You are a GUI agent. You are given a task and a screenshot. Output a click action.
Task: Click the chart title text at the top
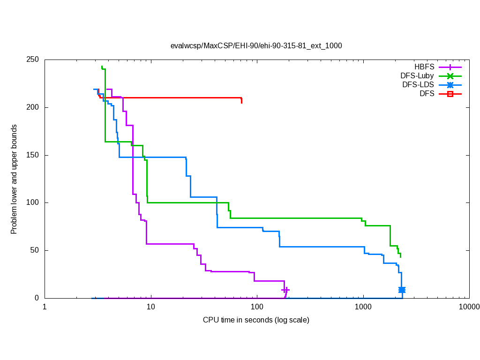256,46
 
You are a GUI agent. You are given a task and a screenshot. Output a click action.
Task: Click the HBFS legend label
424,67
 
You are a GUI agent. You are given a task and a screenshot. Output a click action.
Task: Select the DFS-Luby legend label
417,76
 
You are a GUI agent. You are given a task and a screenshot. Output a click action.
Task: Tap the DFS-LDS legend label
418,85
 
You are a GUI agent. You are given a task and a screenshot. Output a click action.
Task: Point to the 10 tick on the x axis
151,307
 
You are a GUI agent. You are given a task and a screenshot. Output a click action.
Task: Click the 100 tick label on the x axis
257,307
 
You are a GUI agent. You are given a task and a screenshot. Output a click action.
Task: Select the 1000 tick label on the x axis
363,307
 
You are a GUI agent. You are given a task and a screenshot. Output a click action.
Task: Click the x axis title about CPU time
256,320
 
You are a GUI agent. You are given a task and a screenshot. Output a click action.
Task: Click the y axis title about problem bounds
14,179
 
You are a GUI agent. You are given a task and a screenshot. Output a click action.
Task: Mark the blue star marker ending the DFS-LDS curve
402,290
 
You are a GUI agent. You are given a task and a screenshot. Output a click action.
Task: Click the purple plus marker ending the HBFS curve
285,290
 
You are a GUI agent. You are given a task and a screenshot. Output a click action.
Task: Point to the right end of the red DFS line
241,100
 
